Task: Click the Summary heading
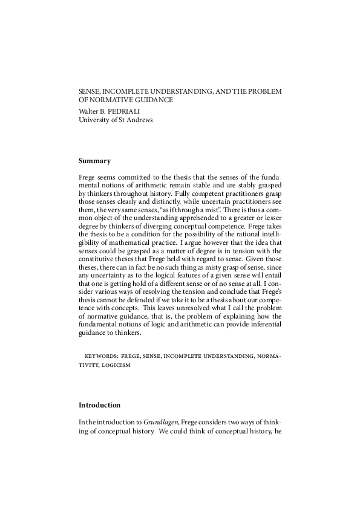coord(95,161)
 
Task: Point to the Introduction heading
coord(100,404)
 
